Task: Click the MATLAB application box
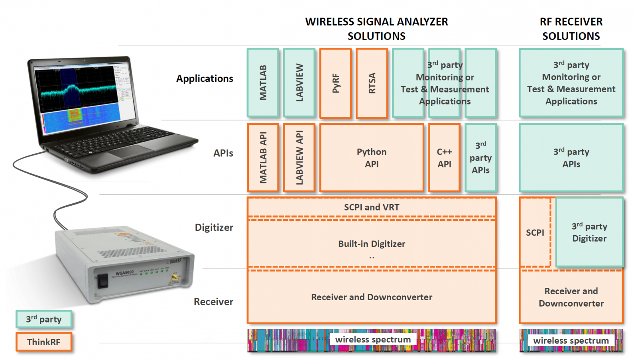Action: (263, 83)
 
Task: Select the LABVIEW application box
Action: (299, 83)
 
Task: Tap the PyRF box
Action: (335, 83)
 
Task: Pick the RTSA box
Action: (372, 83)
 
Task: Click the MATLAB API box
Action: (263, 157)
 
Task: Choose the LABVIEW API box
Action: (299, 157)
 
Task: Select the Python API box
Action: (372, 157)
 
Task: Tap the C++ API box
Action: (444, 157)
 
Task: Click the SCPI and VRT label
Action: (372, 207)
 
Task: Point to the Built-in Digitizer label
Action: (372, 244)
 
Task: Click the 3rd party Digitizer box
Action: (589, 232)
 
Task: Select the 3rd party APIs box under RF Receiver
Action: (571, 157)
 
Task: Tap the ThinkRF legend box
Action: (44, 342)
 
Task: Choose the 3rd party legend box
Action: (44, 319)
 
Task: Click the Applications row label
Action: (205, 79)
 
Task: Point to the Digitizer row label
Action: (214, 227)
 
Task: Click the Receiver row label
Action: (214, 302)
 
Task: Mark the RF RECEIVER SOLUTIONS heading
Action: (571, 29)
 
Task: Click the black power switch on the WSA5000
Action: (103, 281)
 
